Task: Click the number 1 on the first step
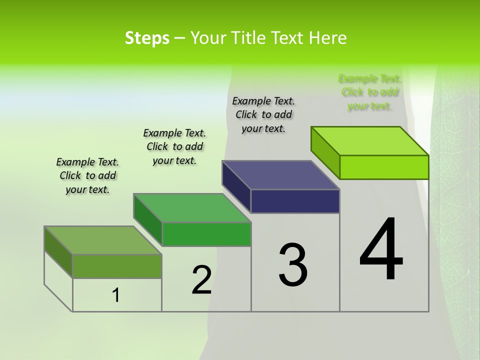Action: coord(116,295)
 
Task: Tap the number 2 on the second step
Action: coord(201,280)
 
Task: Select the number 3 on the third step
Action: coord(292,265)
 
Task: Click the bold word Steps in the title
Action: coord(147,38)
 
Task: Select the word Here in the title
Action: coord(328,38)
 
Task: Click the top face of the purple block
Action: coord(281,175)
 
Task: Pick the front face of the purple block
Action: coord(295,201)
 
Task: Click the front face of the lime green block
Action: coord(384,167)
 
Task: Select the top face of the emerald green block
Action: coord(192,208)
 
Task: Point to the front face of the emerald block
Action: coord(206,234)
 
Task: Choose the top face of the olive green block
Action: coord(103,240)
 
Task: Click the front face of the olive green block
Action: coord(117,266)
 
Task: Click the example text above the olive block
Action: coord(87,175)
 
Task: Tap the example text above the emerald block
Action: coord(174,146)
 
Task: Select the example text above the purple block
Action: coord(263,114)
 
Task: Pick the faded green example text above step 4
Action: coord(369,92)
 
